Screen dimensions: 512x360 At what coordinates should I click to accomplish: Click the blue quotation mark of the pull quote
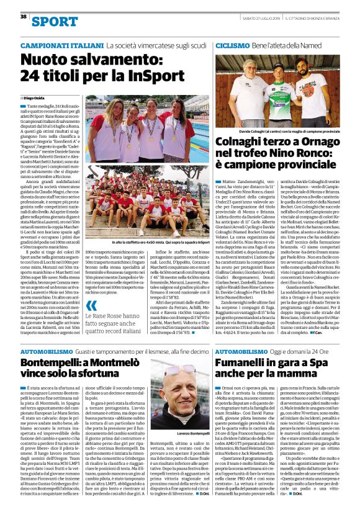[x=91, y=305]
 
